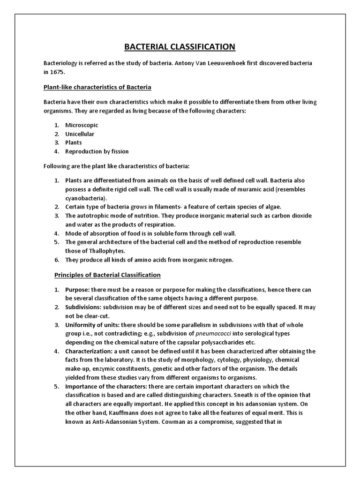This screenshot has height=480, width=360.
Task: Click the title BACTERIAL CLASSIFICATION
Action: point(180,47)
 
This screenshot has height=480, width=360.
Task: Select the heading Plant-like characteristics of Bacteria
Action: point(97,88)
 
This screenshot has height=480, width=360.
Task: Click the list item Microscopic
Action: point(82,125)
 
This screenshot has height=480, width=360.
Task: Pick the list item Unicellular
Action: point(80,134)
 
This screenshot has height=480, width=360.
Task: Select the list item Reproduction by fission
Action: point(97,151)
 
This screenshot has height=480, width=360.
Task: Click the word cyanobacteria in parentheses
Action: point(86,198)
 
